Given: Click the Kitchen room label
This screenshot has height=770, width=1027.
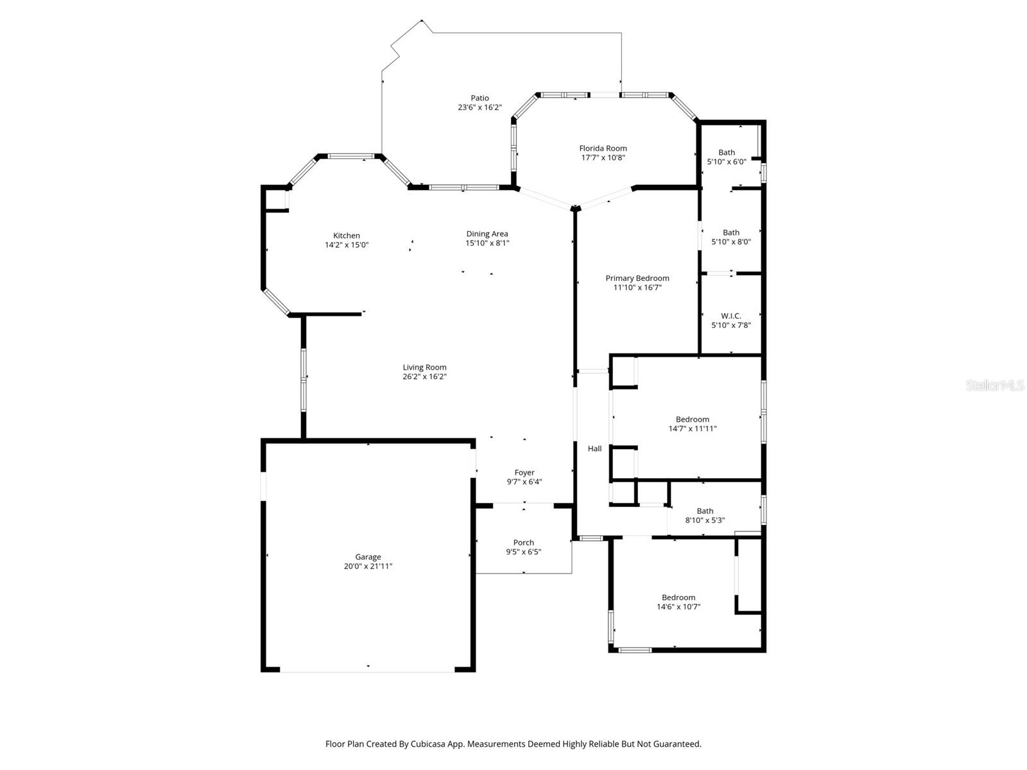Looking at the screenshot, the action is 346,235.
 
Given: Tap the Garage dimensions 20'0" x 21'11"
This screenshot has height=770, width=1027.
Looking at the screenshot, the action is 368,566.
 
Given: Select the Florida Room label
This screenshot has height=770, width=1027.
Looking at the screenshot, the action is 603,149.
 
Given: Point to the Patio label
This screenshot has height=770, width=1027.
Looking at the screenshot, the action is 479,98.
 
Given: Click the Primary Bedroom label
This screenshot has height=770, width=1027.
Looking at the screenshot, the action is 637,278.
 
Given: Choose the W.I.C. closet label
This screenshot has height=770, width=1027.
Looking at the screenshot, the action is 731,316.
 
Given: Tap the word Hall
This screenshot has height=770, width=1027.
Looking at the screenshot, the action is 594,449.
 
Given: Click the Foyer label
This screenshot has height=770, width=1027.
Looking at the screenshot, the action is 524,473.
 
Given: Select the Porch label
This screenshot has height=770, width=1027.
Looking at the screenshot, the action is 524,543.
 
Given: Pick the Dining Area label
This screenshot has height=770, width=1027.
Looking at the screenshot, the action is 487,234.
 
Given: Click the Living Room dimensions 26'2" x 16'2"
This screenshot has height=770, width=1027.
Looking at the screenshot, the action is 424,377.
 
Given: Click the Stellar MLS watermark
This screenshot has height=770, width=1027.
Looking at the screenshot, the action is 995,386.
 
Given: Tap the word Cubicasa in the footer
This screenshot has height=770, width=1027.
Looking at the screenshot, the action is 428,744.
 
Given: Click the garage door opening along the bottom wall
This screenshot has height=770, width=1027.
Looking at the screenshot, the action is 367,672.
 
